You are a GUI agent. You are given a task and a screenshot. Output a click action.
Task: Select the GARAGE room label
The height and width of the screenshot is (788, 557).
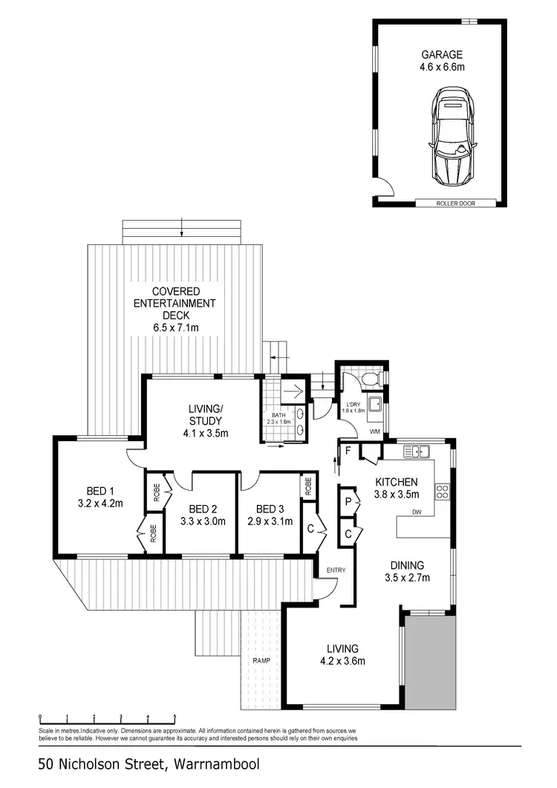pos(442,54)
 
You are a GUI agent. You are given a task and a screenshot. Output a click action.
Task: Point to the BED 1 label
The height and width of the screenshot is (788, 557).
pos(100,490)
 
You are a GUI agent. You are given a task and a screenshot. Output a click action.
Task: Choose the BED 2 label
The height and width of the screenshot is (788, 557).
pos(203,509)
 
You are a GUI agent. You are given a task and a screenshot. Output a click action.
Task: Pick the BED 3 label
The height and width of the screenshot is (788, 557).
pos(270,509)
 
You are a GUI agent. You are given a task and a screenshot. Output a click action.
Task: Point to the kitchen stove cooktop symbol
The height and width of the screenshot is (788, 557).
pos(443,491)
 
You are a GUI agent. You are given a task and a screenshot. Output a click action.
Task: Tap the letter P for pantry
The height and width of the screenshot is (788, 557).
pos(347,503)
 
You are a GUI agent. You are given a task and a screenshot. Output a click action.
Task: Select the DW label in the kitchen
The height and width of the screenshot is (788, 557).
pos(423,512)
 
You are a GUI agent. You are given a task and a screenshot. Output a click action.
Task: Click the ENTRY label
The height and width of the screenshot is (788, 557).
pos(336,570)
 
